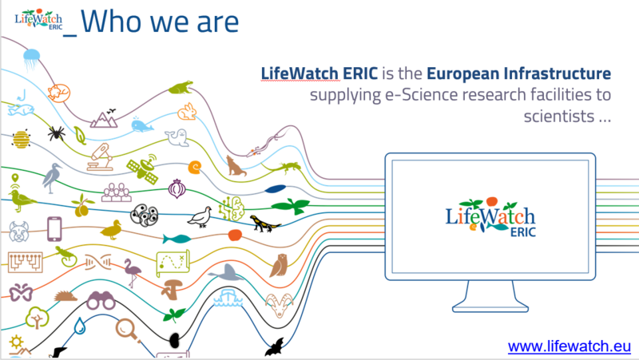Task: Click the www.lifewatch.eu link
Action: coord(570,346)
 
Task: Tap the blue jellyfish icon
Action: coord(31,59)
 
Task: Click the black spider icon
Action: coord(56,133)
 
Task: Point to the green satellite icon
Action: coord(143,168)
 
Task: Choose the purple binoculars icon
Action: coord(101,301)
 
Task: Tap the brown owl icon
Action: coord(279,265)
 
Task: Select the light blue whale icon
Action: coord(142,125)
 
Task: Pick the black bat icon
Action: coord(276,347)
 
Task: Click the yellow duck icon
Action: coord(111,230)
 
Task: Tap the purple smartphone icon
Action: coord(54,229)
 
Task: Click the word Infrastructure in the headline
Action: coord(557,73)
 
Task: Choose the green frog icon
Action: coord(181,88)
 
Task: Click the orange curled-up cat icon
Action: coord(58,93)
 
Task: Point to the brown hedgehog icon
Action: coord(65,296)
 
